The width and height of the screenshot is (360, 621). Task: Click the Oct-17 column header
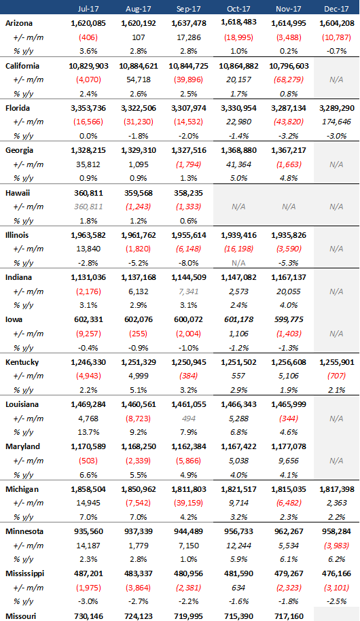(x=238, y=8)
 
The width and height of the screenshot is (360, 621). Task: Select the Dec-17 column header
(x=336, y=8)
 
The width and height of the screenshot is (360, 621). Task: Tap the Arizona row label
(x=19, y=23)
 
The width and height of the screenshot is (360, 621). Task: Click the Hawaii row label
(x=18, y=193)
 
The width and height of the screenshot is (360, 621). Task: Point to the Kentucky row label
(x=22, y=362)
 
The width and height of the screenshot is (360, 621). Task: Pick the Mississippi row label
(x=25, y=573)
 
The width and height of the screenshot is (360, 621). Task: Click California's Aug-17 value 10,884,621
(x=138, y=66)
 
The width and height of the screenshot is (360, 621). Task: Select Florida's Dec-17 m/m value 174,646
(x=337, y=122)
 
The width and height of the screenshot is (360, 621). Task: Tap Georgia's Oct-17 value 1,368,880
(x=238, y=151)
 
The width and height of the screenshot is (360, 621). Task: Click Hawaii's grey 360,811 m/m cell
(x=88, y=207)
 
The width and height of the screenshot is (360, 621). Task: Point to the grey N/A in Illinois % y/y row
(x=238, y=263)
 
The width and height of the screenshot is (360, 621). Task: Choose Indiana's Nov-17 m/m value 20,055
(x=289, y=291)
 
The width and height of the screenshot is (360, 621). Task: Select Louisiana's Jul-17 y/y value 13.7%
(x=88, y=433)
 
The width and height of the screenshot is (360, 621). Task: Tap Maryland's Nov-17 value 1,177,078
(x=289, y=446)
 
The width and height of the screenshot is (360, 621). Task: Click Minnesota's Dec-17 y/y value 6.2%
(x=337, y=559)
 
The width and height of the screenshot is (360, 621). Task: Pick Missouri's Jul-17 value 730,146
(x=88, y=616)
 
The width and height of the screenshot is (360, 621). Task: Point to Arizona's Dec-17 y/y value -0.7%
(x=337, y=51)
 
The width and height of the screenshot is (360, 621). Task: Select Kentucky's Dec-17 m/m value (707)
(x=337, y=376)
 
